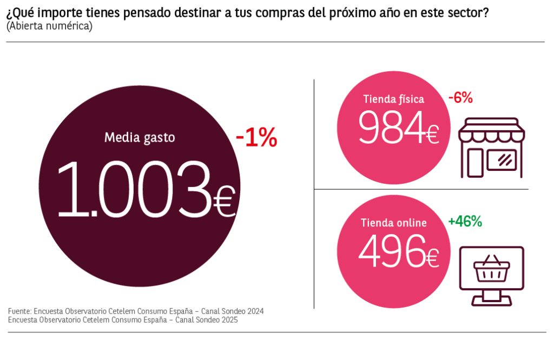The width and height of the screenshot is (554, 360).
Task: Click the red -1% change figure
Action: coord(256,139)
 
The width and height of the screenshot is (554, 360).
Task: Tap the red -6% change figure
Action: coord(460,98)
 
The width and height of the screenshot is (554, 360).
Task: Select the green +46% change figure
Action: coord(465,221)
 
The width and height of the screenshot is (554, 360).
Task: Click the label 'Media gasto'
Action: coord(140,137)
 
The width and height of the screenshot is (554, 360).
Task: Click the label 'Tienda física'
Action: coord(393,99)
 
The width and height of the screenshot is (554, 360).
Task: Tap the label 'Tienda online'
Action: coord(393,223)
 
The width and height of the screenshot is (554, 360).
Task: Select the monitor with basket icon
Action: coord(491,275)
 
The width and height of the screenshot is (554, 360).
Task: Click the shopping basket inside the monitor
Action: coord(491,269)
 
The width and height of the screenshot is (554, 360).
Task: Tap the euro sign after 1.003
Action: coord(223,203)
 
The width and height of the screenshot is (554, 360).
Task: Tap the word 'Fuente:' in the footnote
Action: coord(19,311)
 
